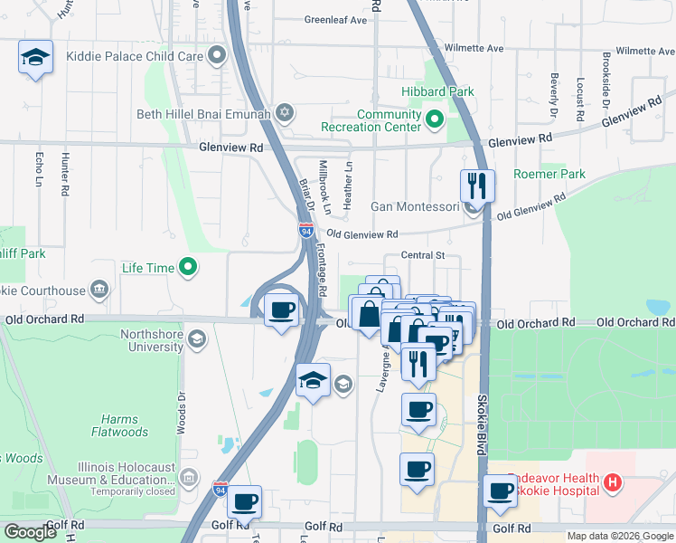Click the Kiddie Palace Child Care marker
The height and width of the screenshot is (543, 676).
pyautogui.click(x=216, y=56)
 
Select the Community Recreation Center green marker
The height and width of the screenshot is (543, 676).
pyautogui.click(x=433, y=119)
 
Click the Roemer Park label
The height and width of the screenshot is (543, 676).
pyautogui.click(x=549, y=174)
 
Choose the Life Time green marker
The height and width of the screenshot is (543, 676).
pyautogui.click(x=188, y=267)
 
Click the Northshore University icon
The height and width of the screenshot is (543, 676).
pyautogui.click(x=197, y=340)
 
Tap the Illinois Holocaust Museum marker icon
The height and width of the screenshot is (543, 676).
pyautogui.click(x=189, y=477)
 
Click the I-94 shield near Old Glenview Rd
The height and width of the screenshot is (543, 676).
pyautogui.click(x=305, y=231)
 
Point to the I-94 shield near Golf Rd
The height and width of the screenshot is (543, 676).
pyautogui.click(x=220, y=489)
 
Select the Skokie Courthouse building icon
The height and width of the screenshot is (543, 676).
pyautogui.click(x=99, y=291)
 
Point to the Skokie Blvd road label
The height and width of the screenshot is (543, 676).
pyautogui.click(x=481, y=425)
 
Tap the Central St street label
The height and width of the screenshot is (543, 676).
pyautogui.click(x=424, y=256)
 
